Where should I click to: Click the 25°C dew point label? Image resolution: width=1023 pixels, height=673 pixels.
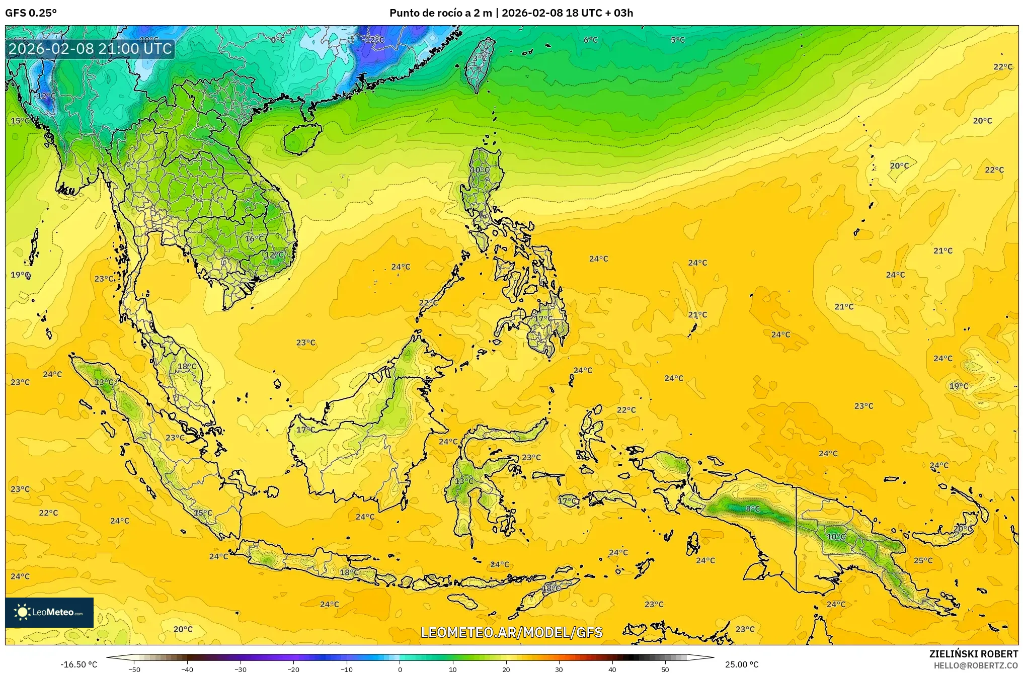click(923, 560)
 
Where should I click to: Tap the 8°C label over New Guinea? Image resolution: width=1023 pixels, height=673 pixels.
click(753, 509)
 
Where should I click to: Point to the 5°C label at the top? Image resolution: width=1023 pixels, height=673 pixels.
click(677, 40)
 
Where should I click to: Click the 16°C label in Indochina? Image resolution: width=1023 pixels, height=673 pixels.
click(255, 238)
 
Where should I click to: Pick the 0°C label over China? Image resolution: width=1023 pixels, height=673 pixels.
click(278, 40)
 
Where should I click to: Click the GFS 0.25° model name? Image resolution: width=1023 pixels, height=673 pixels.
click(31, 13)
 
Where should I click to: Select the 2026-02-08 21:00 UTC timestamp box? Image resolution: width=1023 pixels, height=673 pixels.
click(91, 49)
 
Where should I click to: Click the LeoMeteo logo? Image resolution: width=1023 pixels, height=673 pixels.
click(49, 612)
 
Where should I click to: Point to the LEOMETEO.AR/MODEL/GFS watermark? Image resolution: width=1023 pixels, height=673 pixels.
click(511, 632)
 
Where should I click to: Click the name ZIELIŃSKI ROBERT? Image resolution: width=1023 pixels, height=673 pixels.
click(973, 654)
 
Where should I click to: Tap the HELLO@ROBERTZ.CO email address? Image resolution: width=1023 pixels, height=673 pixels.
click(976, 665)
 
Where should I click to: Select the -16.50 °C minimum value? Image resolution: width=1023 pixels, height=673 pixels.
click(79, 664)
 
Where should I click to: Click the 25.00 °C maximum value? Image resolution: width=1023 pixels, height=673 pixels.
click(742, 664)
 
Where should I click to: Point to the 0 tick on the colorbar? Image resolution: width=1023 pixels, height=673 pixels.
click(400, 669)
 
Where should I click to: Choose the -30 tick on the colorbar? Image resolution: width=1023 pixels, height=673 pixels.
click(241, 669)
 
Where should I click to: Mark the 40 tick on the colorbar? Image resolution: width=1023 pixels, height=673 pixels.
click(612, 669)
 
